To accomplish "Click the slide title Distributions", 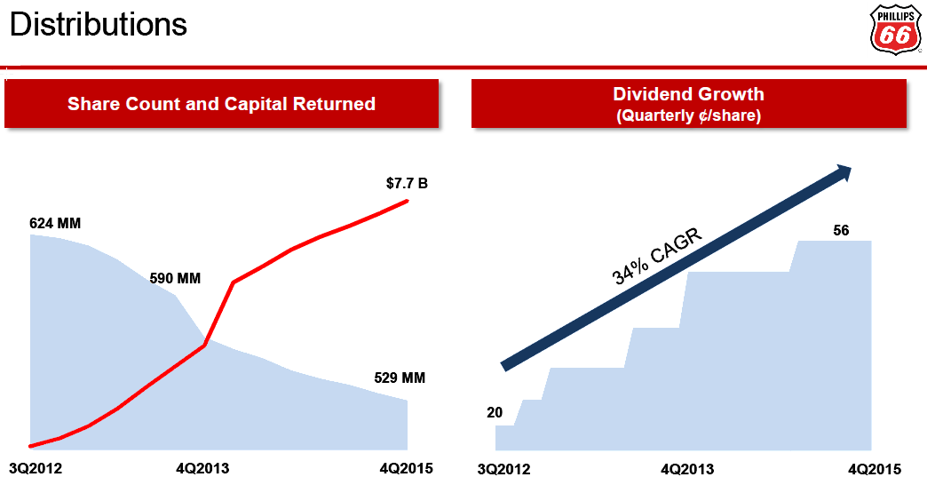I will coord(99,24).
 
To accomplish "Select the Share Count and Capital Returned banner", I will coord(221,104).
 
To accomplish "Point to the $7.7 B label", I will coord(407,185).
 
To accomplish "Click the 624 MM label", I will coord(55,223).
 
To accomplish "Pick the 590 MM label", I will coord(176,279).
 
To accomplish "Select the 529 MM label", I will coord(400,378).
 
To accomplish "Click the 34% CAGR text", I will coord(658,257).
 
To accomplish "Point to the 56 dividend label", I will coord(841,231).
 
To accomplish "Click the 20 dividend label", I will coord(495,412).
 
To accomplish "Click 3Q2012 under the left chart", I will coord(35,469).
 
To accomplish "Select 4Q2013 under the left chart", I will coord(203,469).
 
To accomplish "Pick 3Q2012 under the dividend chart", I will coord(504,469).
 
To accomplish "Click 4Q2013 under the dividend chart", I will coord(687,469).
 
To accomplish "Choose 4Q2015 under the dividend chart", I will coord(875,469).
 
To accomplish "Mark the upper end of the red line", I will coord(408,201).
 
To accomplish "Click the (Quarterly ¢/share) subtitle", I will coord(688,115).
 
